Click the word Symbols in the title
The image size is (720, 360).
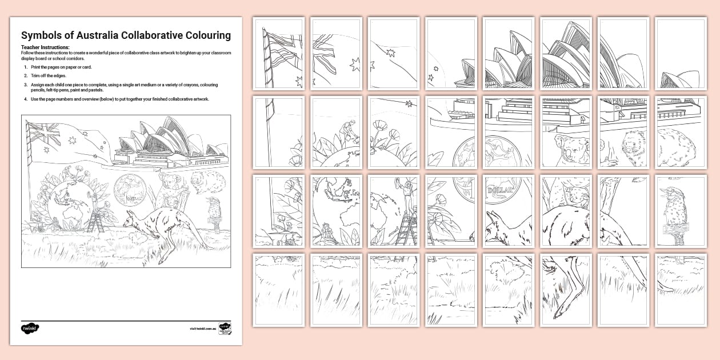(x=39, y=35)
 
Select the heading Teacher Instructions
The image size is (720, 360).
(x=45, y=47)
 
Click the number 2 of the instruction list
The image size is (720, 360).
(x=25, y=75)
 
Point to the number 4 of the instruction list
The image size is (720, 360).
(x=25, y=99)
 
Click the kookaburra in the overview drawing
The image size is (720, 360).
(x=215, y=208)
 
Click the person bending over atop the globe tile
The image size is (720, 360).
(x=347, y=129)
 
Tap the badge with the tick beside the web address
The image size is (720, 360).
(x=225, y=329)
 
